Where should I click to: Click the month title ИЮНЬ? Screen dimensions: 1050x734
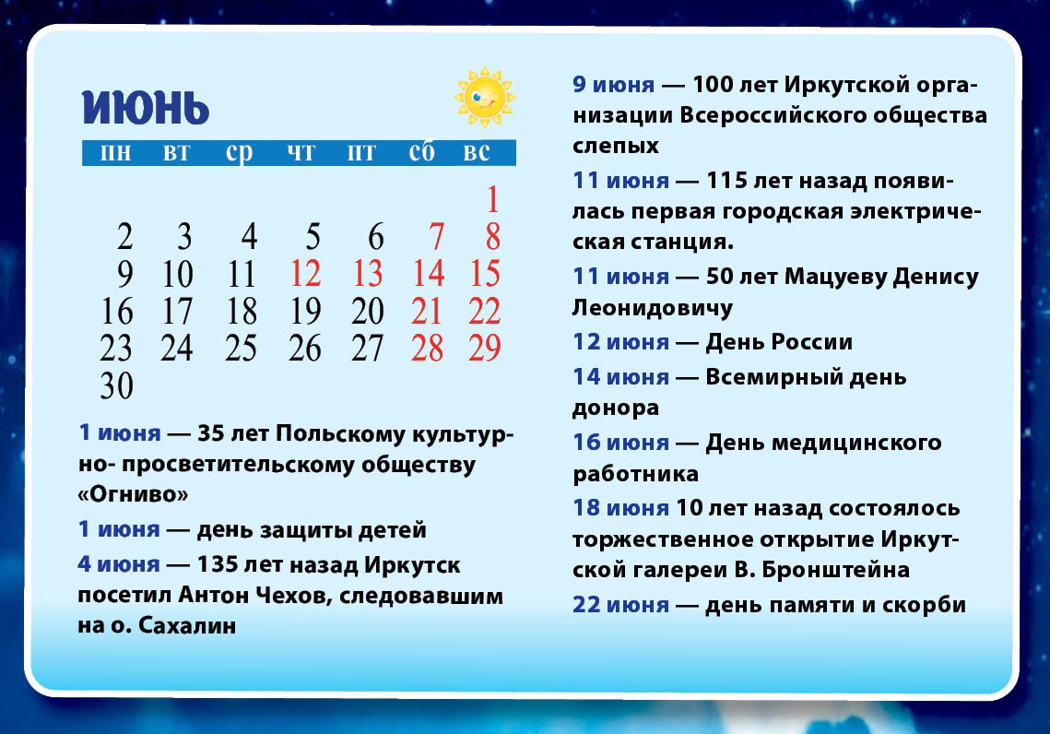point(146,107)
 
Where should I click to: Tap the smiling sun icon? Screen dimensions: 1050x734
point(485,97)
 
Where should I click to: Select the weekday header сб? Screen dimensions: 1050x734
point(422,152)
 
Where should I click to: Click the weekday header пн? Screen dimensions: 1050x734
point(115,153)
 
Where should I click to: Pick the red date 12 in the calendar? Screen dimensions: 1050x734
point(305,273)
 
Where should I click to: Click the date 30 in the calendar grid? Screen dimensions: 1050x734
point(116,385)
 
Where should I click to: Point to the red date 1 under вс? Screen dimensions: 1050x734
point(493,199)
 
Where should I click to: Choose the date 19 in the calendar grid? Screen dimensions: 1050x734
point(305,311)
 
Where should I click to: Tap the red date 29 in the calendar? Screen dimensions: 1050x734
point(485,349)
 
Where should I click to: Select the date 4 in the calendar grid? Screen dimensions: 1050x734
point(249,236)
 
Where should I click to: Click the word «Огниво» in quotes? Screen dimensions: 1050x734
point(134,494)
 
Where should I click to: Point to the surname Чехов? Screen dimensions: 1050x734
point(290,595)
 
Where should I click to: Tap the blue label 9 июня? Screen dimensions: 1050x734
point(613,85)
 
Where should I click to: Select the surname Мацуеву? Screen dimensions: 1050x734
point(835,277)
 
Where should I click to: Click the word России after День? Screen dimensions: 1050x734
point(812,342)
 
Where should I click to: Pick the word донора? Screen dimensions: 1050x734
point(616,408)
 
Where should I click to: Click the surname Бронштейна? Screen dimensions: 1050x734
point(836,570)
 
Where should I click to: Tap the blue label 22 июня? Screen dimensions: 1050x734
point(620,605)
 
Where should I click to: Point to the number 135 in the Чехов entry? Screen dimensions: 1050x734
point(217,564)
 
